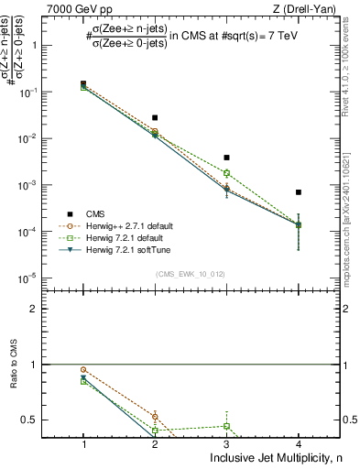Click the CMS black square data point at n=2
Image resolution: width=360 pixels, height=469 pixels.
155,117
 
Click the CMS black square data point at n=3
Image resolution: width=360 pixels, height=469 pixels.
226,158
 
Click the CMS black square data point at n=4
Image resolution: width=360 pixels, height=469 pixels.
298,192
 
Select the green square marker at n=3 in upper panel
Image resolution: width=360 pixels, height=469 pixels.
226,172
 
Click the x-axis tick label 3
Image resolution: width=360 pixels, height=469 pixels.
226,443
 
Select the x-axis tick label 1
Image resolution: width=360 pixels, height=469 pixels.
83,443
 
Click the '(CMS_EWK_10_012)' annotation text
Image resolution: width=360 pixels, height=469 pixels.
191,274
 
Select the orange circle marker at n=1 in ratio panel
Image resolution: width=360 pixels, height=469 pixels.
83,369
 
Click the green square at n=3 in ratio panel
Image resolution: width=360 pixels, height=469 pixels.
226,426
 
